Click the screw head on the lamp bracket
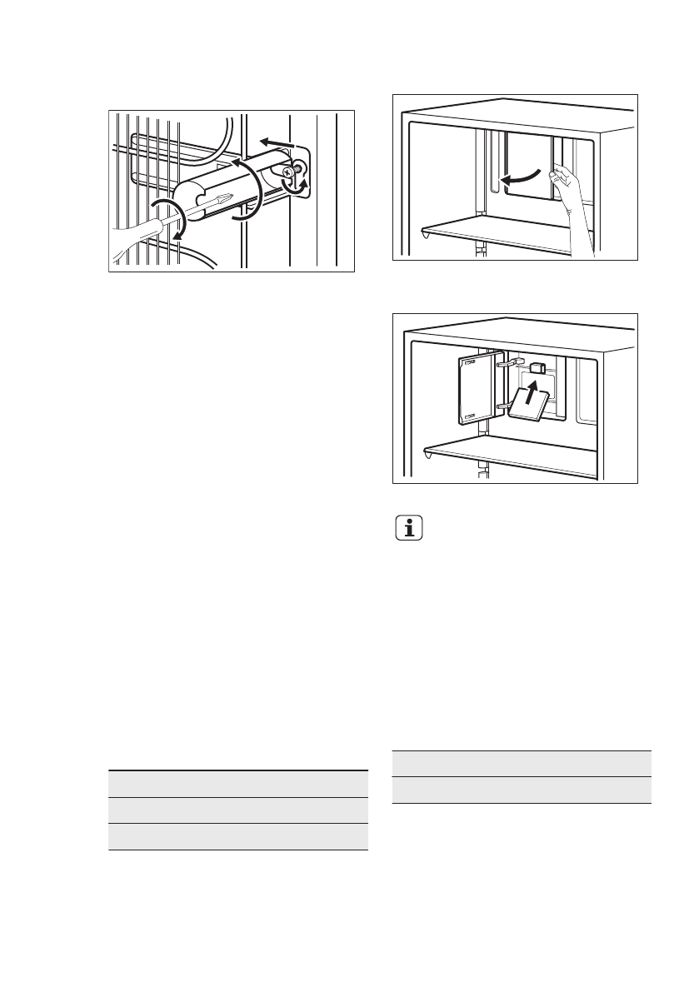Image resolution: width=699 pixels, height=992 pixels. [x=288, y=171]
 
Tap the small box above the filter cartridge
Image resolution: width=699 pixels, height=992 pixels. [x=538, y=366]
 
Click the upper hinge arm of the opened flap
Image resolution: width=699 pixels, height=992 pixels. [x=509, y=364]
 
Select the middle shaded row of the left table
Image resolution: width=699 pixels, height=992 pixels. [x=238, y=810]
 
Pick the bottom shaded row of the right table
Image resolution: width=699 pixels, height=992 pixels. [x=521, y=790]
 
